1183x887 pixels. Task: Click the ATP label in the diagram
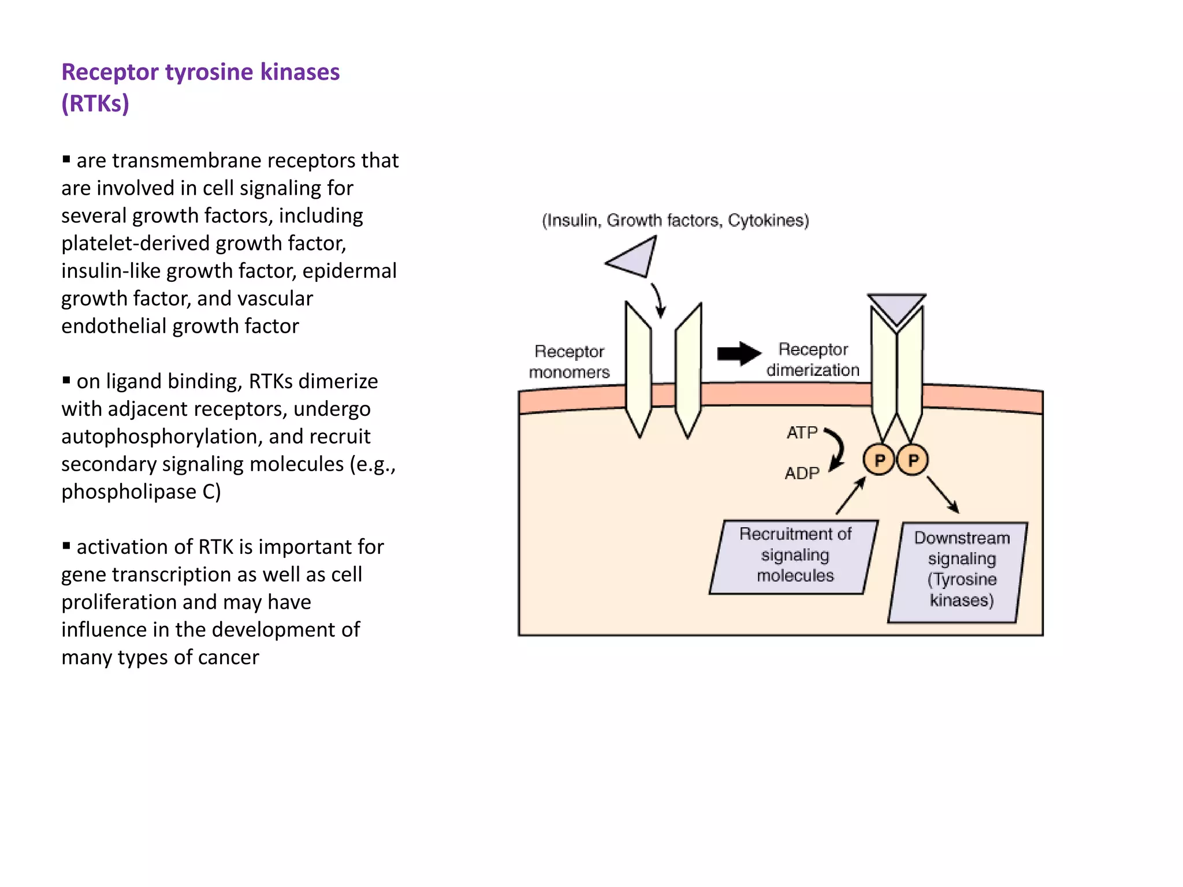[x=802, y=433]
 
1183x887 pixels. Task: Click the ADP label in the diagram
[x=802, y=474]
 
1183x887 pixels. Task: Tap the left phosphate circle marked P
[x=879, y=460]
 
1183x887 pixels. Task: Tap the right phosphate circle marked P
[x=913, y=460]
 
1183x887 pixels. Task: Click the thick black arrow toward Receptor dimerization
[x=739, y=353]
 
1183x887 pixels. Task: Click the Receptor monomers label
[x=569, y=361]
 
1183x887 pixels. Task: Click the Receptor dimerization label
[x=813, y=359]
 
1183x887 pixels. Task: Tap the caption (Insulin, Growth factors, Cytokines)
[x=675, y=221]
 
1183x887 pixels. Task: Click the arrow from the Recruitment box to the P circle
[x=851, y=495]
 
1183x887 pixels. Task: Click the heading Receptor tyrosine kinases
[x=200, y=72]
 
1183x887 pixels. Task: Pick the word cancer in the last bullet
[x=228, y=658]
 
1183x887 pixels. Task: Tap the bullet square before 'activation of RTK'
[x=66, y=545]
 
